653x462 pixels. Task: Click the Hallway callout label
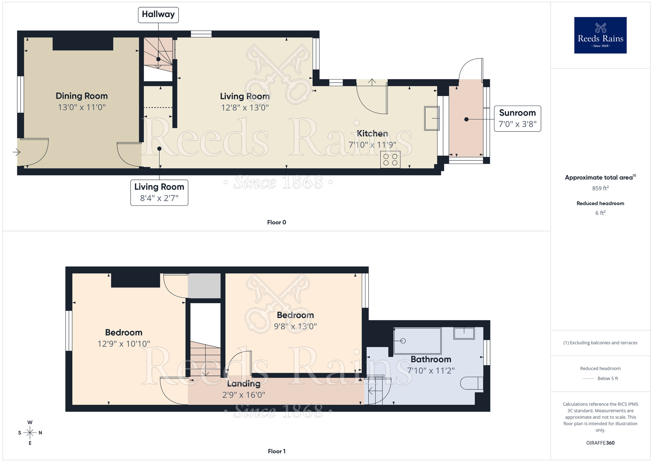pos(158,15)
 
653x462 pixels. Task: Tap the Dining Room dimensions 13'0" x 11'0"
pos(82,107)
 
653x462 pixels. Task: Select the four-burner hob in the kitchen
pos(390,159)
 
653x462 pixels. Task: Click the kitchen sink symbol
pos(432,118)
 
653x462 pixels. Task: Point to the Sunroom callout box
pos(517,119)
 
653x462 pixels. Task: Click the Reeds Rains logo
pos(600,35)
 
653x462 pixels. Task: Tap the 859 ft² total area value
pos(600,188)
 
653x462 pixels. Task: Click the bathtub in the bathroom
pos(417,341)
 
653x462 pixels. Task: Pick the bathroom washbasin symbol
pos(464,333)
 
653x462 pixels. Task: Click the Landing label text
pos(244,384)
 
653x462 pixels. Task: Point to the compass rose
pos(30,433)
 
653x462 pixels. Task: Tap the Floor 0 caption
pos(277,222)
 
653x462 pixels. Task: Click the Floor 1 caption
pos(277,451)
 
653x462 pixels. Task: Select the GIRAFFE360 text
pos(600,443)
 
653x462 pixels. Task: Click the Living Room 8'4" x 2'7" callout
pos(159,192)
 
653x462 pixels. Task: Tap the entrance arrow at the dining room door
pos(17,152)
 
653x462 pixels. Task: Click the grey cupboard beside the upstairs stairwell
pos(204,286)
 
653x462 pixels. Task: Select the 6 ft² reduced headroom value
pos(600,213)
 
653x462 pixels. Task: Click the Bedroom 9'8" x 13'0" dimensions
pos(295,326)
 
